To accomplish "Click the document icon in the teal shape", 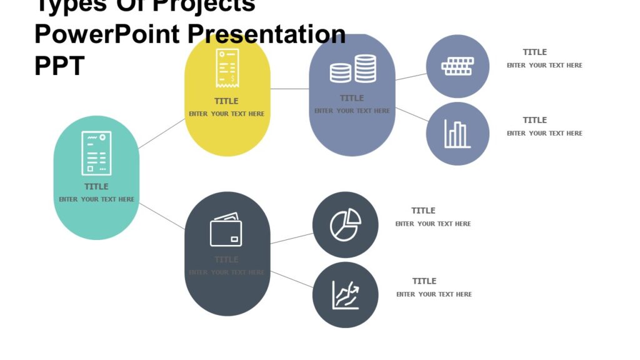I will tap(96, 153).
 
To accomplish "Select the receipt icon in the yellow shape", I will tap(227, 68).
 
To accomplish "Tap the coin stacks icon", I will tap(353, 69).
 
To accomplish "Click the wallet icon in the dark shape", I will tap(226, 230).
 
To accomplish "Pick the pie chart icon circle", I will tap(346, 225).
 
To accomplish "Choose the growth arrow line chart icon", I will tap(346, 295).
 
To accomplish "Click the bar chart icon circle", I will tap(457, 134).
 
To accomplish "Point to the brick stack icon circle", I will tap(457, 66).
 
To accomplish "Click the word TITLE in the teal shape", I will tap(96, 186).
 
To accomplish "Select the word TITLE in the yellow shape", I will tap(226, 101).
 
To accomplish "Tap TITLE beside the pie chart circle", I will tap(423, 211).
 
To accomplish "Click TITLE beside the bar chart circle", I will tap(534, 120).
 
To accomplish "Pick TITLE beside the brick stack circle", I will tap(534, 52).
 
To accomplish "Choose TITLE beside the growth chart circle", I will tap(424, 281).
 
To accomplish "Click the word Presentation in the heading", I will tap(267, 34).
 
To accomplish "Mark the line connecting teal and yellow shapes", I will tap(161, 134).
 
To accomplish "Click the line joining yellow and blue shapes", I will tap(290, 89).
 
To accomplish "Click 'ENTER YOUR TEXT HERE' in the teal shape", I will tap(96, 199).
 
